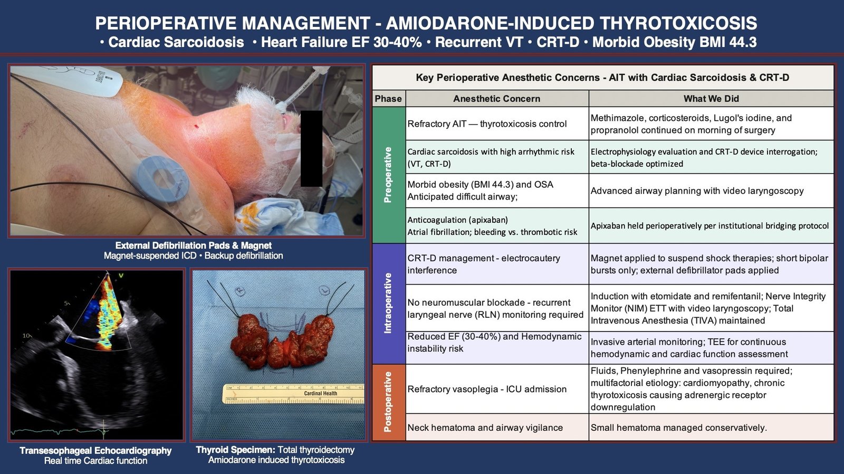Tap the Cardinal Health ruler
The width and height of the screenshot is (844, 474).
pos(293,394)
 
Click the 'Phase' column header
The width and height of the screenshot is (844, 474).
pos(388,99)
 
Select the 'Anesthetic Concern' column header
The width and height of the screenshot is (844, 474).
pos(496,99)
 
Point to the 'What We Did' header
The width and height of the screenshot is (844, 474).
pos(711,99)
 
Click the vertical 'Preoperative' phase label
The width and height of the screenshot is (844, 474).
pos(388,175)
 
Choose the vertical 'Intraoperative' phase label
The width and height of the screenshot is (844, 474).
pos(388,303)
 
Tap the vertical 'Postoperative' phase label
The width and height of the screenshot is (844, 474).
pos(388,402)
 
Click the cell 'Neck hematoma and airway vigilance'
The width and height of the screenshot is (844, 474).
pos(485,428)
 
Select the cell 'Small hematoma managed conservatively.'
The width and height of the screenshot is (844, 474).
pos(678,428)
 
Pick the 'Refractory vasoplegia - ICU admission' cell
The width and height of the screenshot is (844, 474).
pos(487,389)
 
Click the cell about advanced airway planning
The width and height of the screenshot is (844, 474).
pos(697,191)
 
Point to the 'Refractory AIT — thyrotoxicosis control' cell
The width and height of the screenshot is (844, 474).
pos(487,124)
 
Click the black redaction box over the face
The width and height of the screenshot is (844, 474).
pos(311,148)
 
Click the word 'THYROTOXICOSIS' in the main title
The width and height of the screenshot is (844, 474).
pos(678,23)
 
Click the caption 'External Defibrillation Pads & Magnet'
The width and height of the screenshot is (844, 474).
pos(193,245)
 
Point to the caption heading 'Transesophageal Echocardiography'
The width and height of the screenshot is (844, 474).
pos(95,451)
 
